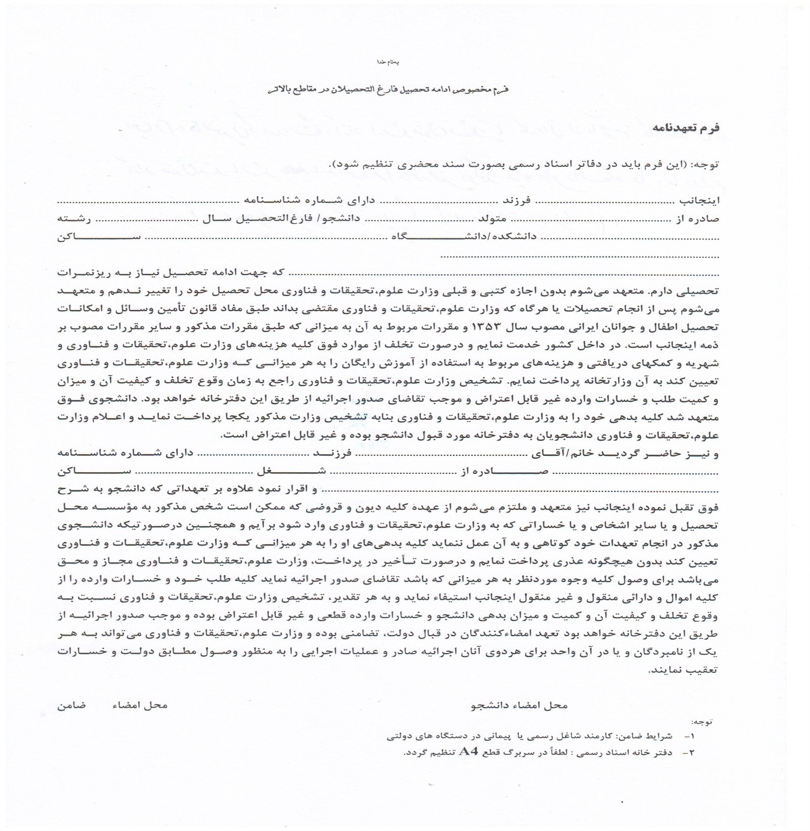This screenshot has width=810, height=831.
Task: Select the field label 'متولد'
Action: pos(492,219)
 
